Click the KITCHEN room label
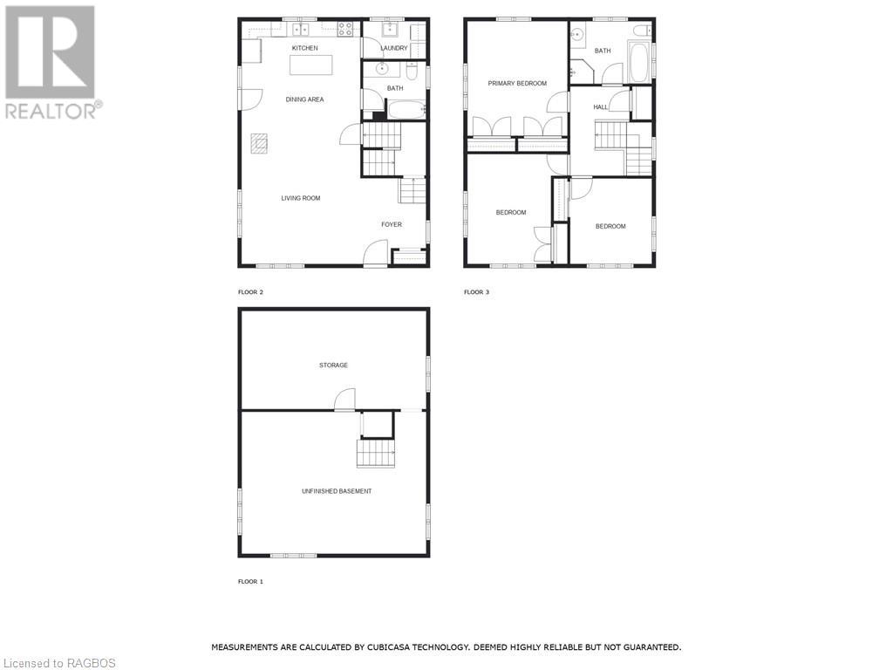tap(304, 48)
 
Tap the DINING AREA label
tap(304, 99)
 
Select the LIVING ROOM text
tap(300, 198)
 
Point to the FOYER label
tap(392, 224)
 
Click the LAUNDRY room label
tap(393, 48)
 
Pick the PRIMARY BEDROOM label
tap(517, 84)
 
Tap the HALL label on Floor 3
tap(600, 107)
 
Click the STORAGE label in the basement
tap(333, 365)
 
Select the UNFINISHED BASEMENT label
tap(337, 491)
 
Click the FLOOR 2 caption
tap(250, 292)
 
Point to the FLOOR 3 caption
tap(476, 292)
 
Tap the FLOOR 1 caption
tap(250, 581)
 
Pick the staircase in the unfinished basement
tap(375, 453)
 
